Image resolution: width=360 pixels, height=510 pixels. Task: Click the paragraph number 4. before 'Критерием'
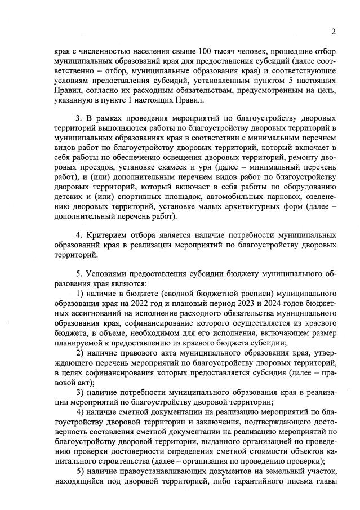79,234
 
